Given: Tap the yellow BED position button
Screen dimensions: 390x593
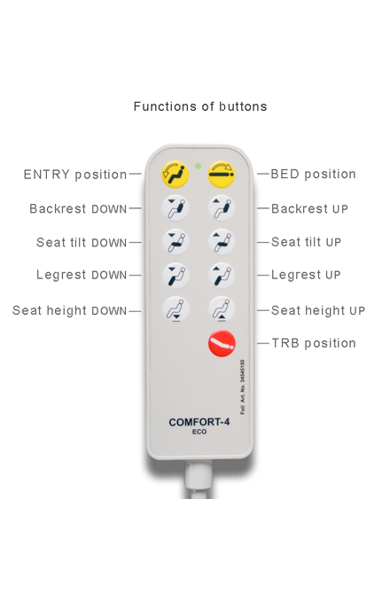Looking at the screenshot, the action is coord(222,175).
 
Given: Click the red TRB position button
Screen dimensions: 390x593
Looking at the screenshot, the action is coord(222,343).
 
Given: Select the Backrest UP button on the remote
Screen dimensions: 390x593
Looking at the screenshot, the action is coord(222,208).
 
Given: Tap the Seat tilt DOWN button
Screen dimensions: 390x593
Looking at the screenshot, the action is coord(175,242).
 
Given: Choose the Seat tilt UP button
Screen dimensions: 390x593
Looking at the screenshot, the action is coord(222,242).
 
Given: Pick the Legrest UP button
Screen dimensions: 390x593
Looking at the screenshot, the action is coord(222,276).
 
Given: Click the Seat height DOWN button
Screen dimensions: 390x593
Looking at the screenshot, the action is coord(175,309).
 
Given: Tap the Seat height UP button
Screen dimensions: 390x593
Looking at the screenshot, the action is coord(222,309).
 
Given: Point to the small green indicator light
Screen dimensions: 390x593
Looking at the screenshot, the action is coord(199,166).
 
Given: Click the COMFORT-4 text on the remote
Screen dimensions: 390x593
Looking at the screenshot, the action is coord(199,422).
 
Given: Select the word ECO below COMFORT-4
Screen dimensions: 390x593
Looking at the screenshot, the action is coord(199,432).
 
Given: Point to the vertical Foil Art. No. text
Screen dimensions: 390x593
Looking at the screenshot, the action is coord(243,386).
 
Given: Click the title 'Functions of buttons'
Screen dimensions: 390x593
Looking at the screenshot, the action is coord(200,106).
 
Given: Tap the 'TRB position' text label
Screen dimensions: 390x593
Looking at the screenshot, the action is coord(314,343).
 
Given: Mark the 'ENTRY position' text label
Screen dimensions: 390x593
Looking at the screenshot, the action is coord(75,175).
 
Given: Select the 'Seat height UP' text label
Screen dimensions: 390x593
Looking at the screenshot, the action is coord(318,310).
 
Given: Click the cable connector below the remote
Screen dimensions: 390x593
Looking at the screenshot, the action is coord(199,478).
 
